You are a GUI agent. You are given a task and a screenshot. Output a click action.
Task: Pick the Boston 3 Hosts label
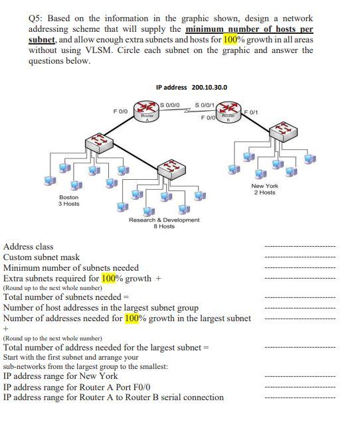(68, 200)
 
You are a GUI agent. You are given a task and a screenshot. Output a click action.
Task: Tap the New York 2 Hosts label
(265, 189)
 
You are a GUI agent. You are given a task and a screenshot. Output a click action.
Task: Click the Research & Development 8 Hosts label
(164, 223)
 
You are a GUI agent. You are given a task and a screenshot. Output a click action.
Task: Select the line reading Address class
(29, 247)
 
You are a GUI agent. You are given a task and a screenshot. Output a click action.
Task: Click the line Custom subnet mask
(41, 257)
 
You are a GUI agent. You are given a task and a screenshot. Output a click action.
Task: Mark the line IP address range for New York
(60, 376)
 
